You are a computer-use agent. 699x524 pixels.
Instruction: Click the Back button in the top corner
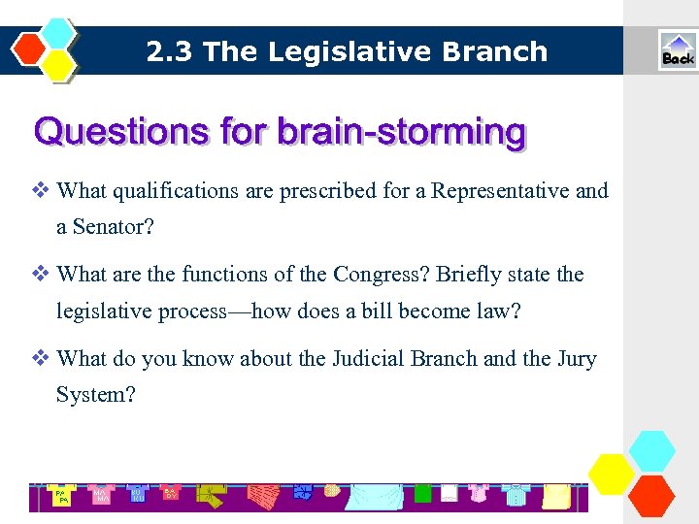tap(677, 50)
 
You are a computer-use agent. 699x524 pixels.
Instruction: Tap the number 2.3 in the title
tap(168, 51)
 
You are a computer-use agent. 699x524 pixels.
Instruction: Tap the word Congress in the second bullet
tap(378, 275)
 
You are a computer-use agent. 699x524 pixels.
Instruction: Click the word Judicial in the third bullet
tap(369, 359)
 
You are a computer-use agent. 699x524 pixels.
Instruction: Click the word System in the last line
tap(89, 395)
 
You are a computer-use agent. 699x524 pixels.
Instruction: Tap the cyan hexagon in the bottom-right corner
tap(651, 451)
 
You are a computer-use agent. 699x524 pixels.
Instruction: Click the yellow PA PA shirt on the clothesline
tap(62, 497)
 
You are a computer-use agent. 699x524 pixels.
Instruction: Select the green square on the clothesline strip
tap(422, 494)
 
